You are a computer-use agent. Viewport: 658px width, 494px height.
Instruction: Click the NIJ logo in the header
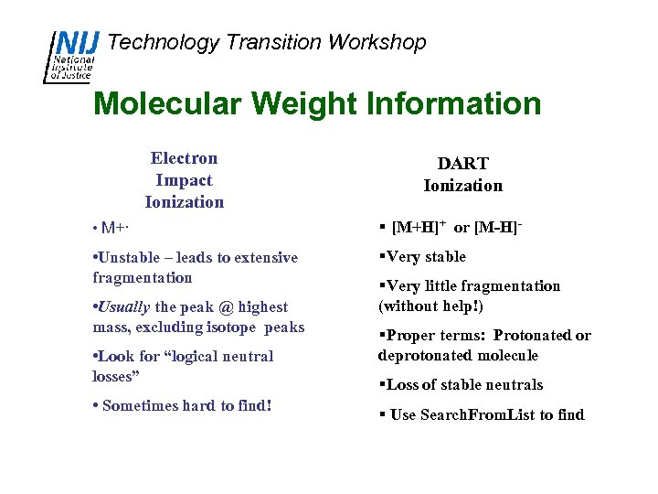pos(74,56)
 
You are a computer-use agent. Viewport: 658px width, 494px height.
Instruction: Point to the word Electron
pos(184,158)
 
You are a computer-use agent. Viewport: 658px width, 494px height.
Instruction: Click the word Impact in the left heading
pos(184,180)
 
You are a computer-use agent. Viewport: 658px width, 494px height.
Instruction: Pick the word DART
pos(462,164)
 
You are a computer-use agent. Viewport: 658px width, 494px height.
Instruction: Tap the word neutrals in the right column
pos(511,385)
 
